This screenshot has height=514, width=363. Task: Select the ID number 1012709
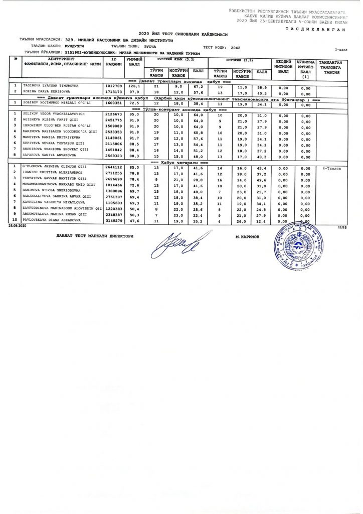pos(113,86)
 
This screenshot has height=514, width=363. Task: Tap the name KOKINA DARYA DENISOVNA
pos(44,93)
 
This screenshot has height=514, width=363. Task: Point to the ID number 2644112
pos(113,167)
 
